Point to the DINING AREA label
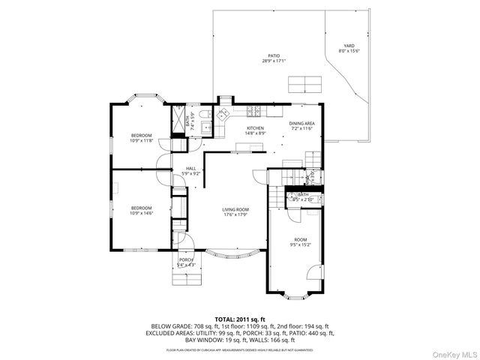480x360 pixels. pos(301,125)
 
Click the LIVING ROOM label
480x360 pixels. pos(235,212)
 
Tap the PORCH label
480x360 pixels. pos(185,262)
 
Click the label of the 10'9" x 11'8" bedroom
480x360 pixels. pos(141,138)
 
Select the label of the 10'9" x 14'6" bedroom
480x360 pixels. pos(141,211)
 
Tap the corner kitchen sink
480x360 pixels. pos(222,115)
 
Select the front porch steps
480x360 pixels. pos(187,280)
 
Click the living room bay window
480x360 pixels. pos(235,253)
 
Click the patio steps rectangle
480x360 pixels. pos(302,83)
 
